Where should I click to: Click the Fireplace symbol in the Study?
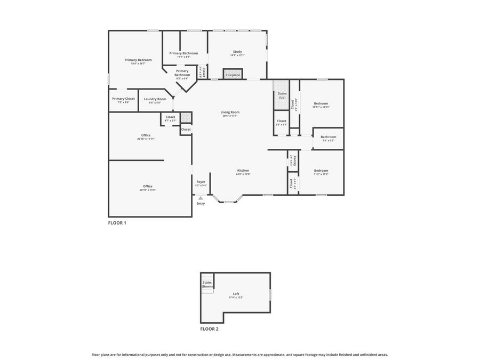point(233,75)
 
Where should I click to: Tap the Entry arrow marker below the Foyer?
point(201,198)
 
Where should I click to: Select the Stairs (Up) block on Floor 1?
point(282,95)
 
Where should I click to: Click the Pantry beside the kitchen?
point(292,161)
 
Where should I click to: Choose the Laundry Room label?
point(155,99)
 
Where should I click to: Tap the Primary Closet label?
point(123,98)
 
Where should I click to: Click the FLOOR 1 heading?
point(117,223)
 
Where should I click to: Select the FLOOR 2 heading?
point(209,329)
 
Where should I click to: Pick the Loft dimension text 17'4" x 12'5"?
point(236,298)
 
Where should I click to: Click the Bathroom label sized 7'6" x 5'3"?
point(328,137)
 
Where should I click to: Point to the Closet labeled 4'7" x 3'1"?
point(170,117)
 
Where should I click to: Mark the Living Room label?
point(230,112)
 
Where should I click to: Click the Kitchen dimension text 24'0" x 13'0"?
point(243,174)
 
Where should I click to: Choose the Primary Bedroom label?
point(138,60)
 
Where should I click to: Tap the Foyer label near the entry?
point(201,182)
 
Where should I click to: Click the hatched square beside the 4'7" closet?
point(185,117)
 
